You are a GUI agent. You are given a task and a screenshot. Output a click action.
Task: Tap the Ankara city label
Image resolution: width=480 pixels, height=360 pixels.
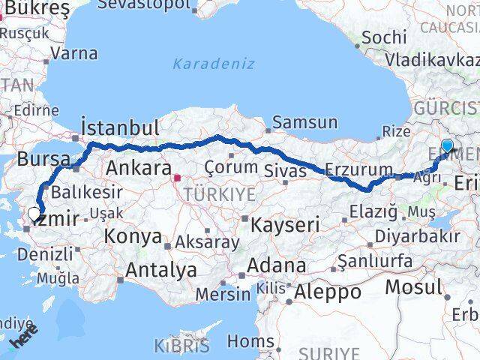pos(136,166)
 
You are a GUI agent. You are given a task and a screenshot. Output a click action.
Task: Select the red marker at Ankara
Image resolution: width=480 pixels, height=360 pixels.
pos(177,178)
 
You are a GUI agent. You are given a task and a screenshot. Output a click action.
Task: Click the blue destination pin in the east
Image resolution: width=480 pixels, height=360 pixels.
pos(447,146)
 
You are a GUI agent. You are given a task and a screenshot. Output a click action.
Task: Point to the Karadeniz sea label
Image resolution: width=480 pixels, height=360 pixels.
pos(213,64)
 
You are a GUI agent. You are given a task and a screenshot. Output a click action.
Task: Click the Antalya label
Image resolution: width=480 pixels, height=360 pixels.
pos(162,269)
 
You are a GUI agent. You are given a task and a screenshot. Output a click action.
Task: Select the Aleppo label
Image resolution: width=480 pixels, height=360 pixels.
pos(328,291)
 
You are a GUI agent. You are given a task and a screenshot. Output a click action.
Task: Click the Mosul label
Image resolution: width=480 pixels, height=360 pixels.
pos(413,286)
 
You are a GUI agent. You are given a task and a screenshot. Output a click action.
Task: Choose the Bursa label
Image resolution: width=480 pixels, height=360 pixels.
pos(43,160)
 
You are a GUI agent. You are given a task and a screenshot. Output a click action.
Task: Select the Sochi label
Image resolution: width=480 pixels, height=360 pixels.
pos(384,36)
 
